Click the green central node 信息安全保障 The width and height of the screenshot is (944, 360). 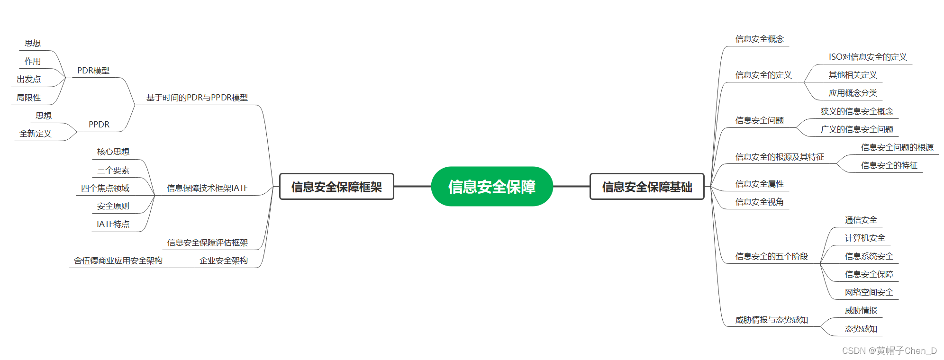point(492,187)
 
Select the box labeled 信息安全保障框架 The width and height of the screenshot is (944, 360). point(336,187)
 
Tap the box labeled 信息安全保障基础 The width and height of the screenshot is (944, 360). point(647,187)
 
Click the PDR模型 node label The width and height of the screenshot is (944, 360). point(93,71)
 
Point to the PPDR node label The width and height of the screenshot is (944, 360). point(99,125)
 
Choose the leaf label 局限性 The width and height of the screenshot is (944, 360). point(28,98)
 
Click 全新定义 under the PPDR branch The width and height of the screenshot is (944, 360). point(36,134)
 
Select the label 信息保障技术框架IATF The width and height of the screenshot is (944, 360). point(207,188)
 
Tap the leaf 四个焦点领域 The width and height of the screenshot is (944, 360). point(105,188)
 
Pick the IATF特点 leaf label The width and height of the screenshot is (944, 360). point(113,224)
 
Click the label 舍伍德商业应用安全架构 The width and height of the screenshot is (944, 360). point(118,261)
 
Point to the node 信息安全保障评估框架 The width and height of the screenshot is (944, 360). point(208,243)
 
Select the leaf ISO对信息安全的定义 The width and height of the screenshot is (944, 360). point(868,57)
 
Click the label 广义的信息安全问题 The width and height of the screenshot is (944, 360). point(857,129)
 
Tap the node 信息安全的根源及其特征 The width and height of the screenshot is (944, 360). point(780,157)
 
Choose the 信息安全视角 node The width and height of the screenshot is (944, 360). point(759,202)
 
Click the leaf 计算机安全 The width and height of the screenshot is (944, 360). point(865,238)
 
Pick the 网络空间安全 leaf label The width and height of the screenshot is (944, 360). point(869,292)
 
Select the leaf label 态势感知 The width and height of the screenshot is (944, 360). point(861,329)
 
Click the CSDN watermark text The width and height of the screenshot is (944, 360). point(889,351)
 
